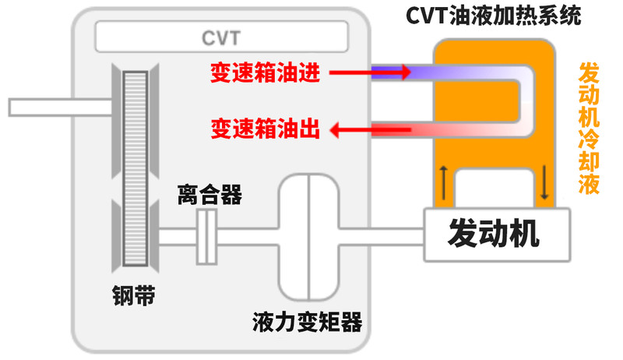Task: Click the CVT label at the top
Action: coord(221,37)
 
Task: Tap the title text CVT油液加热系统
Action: coord(494,16)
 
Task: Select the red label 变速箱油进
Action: coord(264,72)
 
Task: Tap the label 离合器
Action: coord(209,195)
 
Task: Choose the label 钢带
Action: coord(133,296)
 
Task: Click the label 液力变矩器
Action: coord(307,322)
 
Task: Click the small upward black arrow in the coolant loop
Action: coord(444,181)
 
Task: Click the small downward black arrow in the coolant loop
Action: coord(544,181)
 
